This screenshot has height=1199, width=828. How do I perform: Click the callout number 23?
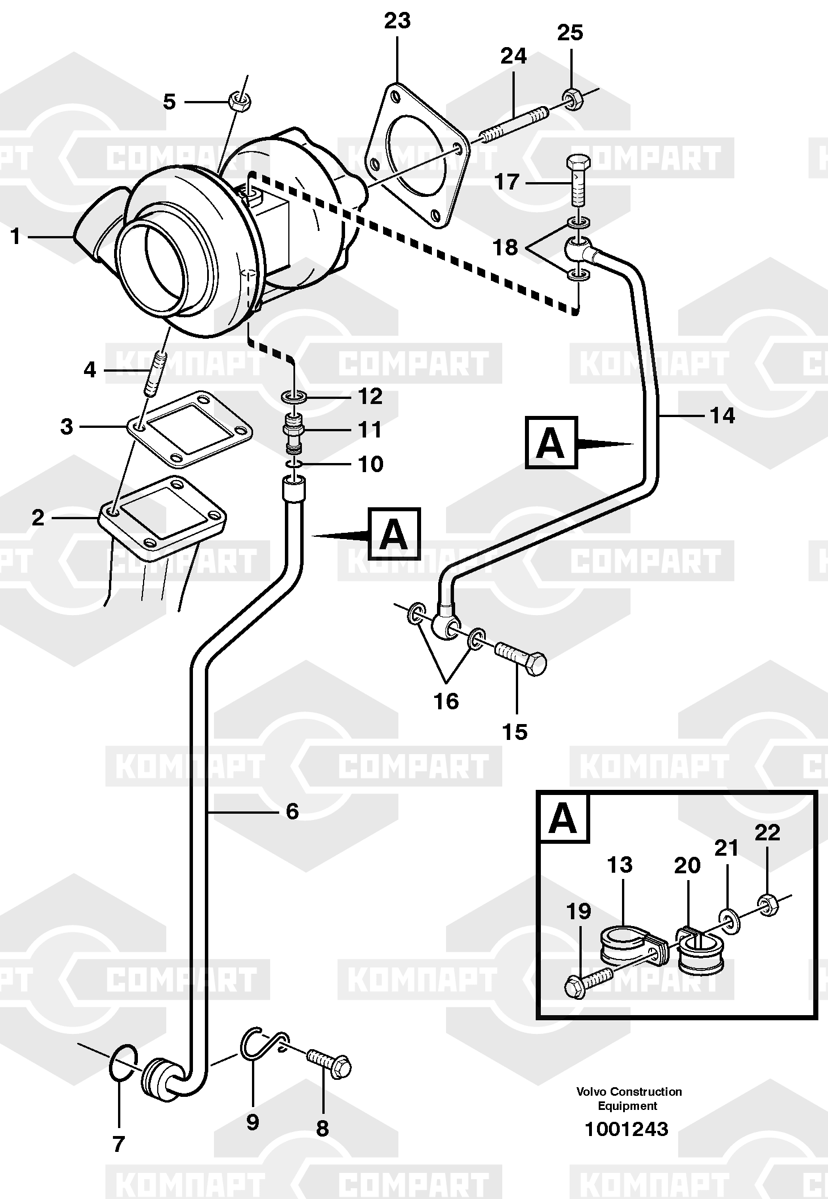coord(397,21)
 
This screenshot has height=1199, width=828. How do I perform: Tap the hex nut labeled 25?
coord(571,100)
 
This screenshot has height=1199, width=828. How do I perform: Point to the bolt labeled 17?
coord(578,180)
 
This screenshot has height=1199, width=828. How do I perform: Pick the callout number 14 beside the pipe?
coord(722,416)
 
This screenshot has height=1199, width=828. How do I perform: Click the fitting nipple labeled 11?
coord(293,433)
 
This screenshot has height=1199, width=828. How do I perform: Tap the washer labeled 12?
coord(294,396)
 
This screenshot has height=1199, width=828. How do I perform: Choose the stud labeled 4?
coord(155,375)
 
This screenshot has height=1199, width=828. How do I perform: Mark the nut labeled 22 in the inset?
coord(768,906)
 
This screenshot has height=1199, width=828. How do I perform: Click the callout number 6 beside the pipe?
coord(292,811)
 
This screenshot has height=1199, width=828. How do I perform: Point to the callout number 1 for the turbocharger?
coord(15,236)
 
